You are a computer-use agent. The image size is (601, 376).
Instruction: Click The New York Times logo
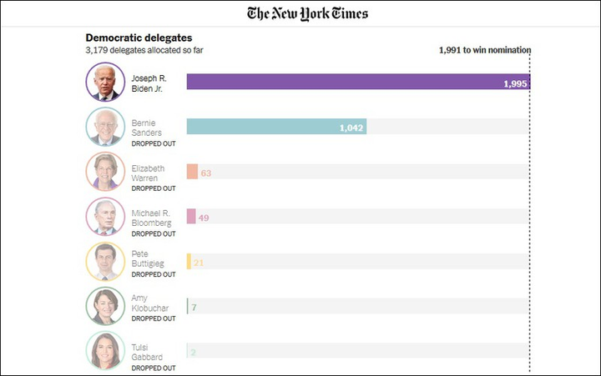pos(307,13)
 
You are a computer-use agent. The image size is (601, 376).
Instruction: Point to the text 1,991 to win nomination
pos(484,50)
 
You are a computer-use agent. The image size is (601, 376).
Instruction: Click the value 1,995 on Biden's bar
pos(515,83)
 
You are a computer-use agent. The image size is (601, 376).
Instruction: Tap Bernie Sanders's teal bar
pos(276,127)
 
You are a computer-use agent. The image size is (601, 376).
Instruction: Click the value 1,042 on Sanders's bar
pos(351,128)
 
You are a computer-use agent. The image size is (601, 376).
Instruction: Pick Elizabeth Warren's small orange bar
pos(192,172)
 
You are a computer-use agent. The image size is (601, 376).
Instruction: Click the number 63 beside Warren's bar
pos(206,173)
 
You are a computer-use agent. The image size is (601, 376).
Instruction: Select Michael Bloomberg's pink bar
pos(191,217)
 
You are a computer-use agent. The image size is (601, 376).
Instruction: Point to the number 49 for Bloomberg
pos(204,218)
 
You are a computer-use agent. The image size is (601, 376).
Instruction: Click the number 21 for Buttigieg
pos(199,263)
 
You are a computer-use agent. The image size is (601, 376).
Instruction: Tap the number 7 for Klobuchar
pos(194,308)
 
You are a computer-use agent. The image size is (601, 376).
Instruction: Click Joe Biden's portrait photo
pos(105,83)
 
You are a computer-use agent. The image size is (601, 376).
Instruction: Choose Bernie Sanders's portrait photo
pos(105,128)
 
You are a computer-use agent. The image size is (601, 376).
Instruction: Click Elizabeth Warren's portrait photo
pos(105,172)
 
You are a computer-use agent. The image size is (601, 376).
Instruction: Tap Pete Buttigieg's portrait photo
pos(105,262)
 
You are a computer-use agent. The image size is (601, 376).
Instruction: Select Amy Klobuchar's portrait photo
pos(105,306)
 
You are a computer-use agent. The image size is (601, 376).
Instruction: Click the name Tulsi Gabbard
pos(147,352)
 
